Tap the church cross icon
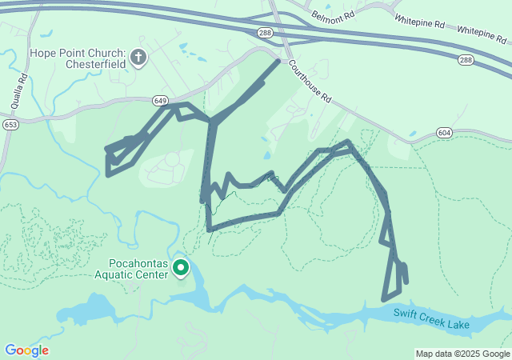tap(138, 57)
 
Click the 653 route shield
tap(10, 125)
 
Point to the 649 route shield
tap(160, 101)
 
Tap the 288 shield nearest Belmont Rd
tap(265, 31)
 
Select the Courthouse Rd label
tap(310, 84)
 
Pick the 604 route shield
tap(445, 132)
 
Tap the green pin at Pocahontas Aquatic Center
tap(181, 267)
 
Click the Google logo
tap(26, 350)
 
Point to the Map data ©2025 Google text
tap(462, 354)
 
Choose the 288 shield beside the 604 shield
tap(465, 60)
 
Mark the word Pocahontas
tap(138, 262)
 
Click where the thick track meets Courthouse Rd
tap(279, 61)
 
